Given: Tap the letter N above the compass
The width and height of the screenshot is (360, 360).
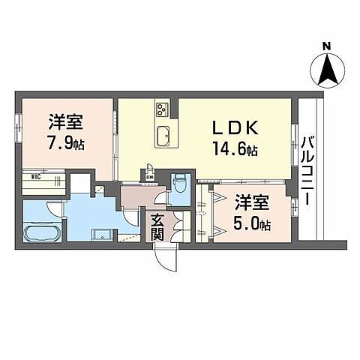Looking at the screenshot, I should (326, 46).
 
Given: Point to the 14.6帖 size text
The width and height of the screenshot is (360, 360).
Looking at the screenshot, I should (234, 150).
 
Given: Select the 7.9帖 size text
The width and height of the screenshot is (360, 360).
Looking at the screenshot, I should (67, 142).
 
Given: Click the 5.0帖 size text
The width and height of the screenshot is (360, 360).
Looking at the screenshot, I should (251, 222).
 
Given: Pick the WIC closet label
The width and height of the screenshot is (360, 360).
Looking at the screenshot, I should (34, 178).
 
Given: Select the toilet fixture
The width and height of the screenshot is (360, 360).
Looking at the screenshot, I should (180, 184).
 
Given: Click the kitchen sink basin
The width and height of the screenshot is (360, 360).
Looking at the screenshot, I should (163, 136).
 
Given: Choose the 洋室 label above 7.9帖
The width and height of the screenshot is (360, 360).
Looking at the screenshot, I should (66, 121).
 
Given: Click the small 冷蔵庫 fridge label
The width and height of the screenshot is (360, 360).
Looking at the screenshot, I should (150, 178).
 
